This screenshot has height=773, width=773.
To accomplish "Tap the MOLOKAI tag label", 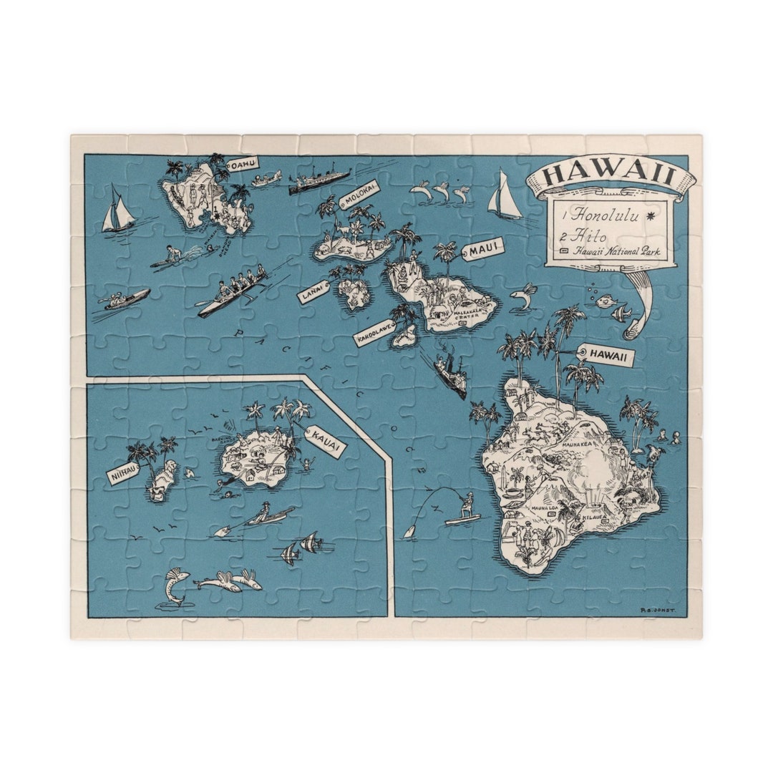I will click(x=359, y=193).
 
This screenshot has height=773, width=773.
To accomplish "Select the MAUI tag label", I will click(x=485, y=249).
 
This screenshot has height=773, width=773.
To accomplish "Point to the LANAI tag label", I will click(x=313, y=291).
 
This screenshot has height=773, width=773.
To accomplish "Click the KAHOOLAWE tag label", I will click(x=374, y=333).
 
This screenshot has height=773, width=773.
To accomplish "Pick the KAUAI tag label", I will click(x=326, y=441).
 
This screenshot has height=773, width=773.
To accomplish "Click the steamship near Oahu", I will click(x=319, y=182).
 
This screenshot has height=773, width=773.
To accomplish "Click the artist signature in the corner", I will click(x=658, y=611).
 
